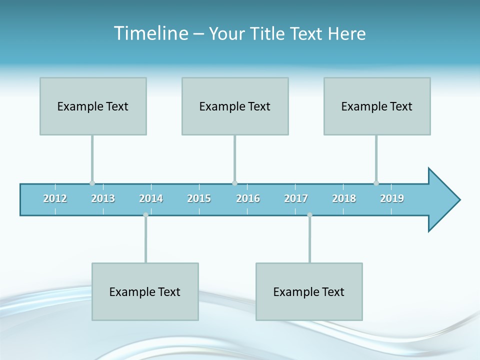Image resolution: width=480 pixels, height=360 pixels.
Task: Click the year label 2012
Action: click(x=55, y=198)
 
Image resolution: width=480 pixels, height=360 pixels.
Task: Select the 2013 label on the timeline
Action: click(x=103, y=198)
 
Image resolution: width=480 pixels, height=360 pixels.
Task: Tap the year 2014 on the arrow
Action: click(x=151, y=198)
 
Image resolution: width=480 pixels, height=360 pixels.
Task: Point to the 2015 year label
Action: click(x=199, y=198)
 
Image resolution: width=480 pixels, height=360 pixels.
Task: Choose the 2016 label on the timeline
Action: click(x=248, y=198)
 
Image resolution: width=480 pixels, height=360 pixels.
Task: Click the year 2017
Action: click(x=296, y=198)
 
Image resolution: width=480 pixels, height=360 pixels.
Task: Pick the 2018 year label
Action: click(x=344, y=198)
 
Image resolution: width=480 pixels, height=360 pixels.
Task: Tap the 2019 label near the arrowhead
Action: click(x=392, y=198)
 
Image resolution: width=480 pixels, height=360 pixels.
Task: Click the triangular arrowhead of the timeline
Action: click(x=442, y=200)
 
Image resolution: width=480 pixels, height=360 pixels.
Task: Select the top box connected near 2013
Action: click(x=93, y=106)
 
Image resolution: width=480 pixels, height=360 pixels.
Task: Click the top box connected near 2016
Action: click(x=235, y=106)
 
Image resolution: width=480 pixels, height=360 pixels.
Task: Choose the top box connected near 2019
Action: click(x=377, y=106)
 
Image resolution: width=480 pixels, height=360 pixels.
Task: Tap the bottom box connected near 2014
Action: click(x=145, y=291)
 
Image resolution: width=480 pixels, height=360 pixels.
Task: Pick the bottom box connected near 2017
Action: click(x=309, y=291)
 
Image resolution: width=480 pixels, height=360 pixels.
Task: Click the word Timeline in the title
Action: click(x=149, y=33)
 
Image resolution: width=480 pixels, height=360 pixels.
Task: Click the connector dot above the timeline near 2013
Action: click(x=92, y=183)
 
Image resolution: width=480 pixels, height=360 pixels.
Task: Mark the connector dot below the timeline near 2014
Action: click(x=145, y=215)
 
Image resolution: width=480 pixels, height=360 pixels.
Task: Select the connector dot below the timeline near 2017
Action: click(x=309, y=215)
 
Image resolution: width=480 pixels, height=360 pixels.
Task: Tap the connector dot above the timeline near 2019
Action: click(x=376, y=183)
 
